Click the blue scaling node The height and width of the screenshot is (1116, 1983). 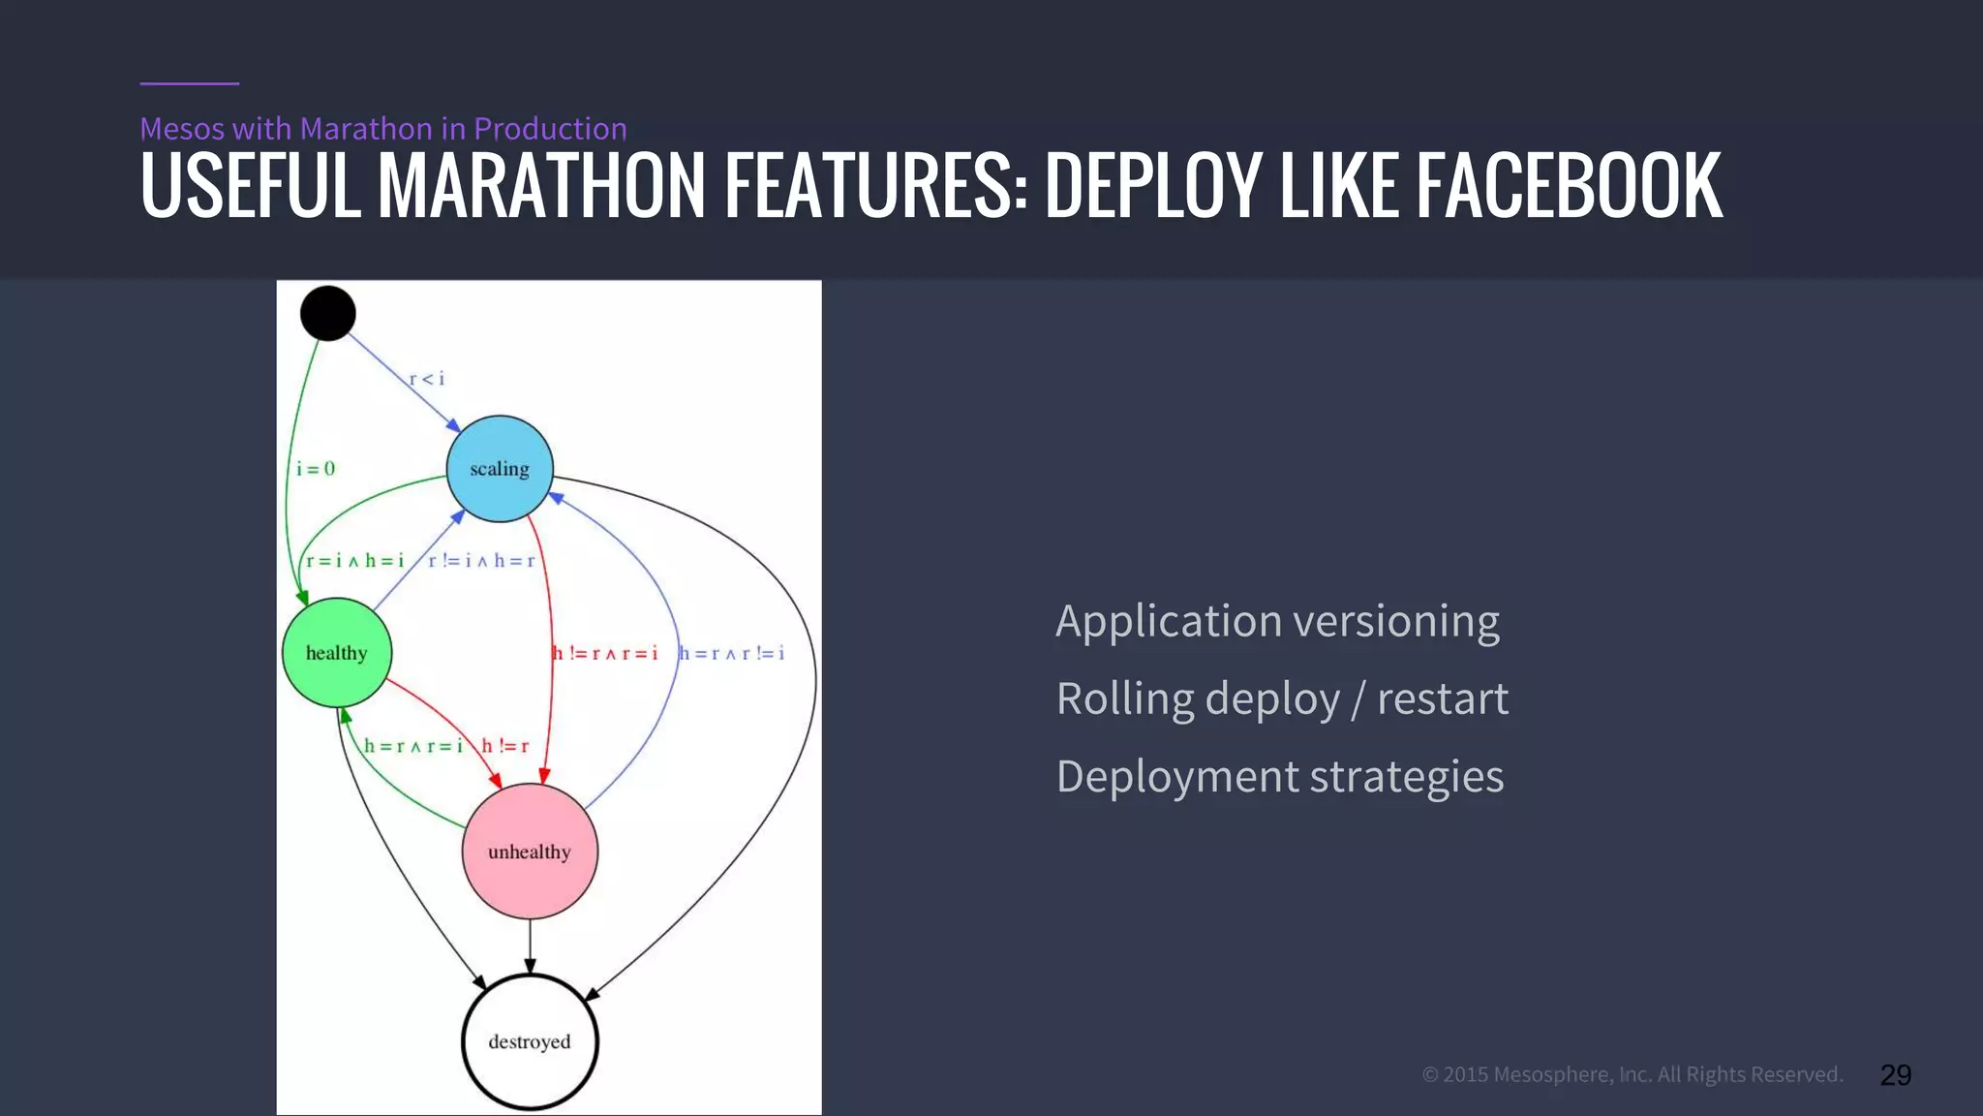[x=500, y=469]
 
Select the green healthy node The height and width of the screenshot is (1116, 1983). [x=337, y=653]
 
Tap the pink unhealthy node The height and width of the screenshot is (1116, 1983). [x=530, y=852]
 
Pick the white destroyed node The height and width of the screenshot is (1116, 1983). [x=530, y=1041]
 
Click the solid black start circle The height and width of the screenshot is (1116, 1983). [x=328, y=313]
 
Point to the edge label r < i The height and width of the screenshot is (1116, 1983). [x=426, y=379]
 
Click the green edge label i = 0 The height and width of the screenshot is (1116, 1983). [x=316, y=469]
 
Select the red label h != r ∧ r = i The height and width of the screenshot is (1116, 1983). [x=605, y=653]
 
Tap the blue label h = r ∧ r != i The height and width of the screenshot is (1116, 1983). [x=732, y=653]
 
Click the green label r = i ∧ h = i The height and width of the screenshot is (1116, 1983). [x=354, y=561]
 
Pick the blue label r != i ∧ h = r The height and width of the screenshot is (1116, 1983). [x=481, y=561]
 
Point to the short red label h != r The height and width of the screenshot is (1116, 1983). [x=505, y=746]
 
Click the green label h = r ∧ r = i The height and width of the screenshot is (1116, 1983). [x=413, y=746]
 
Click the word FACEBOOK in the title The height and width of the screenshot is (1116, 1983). [x=1570, y=185]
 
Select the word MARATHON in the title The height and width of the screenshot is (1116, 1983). [x=541, y=185]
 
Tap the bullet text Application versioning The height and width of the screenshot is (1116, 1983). [x=1277, y=621]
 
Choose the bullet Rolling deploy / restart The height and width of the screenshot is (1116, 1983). [x=1282, y=698]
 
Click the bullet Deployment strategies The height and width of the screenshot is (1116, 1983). [x=1279, y=777]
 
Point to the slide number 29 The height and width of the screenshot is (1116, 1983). [x=1895, y=1074]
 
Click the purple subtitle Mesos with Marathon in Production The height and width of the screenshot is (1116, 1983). [x=383, y=128]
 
